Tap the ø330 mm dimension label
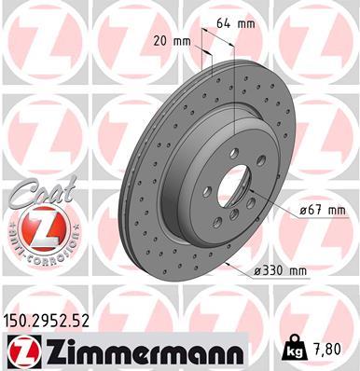click(x=279, y=271)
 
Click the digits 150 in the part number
click(x=18, y=320)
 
